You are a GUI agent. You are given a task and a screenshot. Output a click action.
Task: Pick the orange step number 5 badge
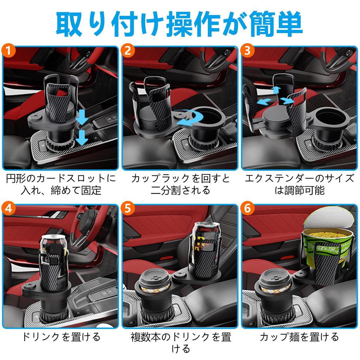point(128,208)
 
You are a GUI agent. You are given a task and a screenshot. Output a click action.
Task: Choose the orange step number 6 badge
point(247,208)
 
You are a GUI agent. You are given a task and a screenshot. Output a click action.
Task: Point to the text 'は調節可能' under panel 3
point(299,190)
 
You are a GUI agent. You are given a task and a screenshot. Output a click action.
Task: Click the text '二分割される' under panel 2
point(180,190)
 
